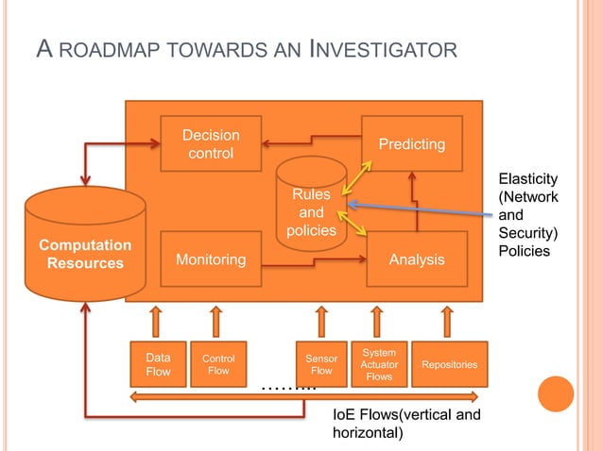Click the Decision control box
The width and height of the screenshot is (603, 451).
point(211,143)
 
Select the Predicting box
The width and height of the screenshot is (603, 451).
point(411,143)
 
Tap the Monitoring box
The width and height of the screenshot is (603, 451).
point(211,259)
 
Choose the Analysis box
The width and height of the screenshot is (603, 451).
point(417,259)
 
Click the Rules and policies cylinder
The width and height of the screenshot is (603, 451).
point(311,208)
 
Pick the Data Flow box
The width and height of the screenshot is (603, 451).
point(158,364)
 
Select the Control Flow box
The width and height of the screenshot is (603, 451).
point(218,364)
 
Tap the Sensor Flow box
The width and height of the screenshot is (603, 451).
point(321,364)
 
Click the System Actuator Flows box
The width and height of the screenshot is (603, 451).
point(379,364)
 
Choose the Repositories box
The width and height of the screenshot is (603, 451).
point(449,364)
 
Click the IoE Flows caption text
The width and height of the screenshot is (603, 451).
point(406,424)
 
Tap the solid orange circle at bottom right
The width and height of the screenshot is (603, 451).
point(556,394)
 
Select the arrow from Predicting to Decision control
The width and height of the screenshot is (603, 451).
point(312,144)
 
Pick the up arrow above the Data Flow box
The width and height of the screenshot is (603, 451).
point(157,321)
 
